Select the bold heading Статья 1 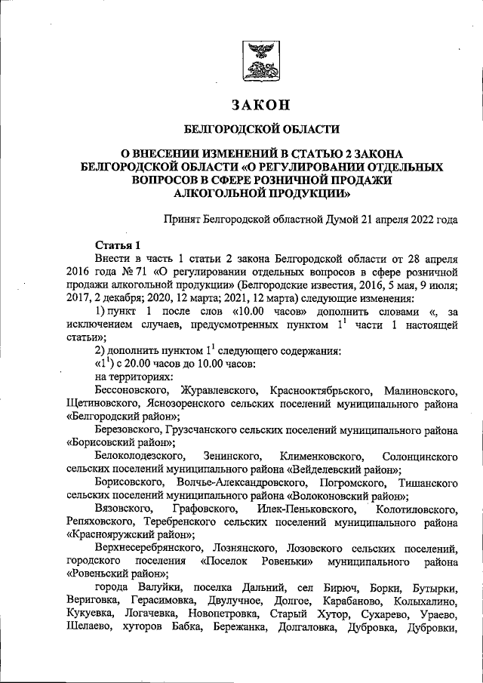[118, 247]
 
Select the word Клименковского [322, 457]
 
